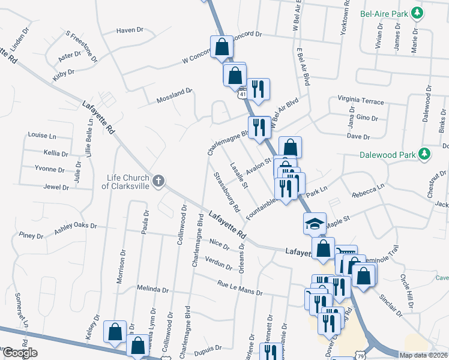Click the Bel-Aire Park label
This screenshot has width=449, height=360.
point(384,13)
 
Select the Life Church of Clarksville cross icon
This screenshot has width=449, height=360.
point(158,181)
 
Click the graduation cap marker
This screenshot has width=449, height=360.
point(315,223)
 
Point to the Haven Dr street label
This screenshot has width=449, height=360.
point(130,29)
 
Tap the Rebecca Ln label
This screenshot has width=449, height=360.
point(368,191)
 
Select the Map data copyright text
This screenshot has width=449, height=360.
point(424,355)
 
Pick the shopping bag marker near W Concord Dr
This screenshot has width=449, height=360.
point(221,47)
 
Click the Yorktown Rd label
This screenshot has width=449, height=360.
point(345,18)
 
